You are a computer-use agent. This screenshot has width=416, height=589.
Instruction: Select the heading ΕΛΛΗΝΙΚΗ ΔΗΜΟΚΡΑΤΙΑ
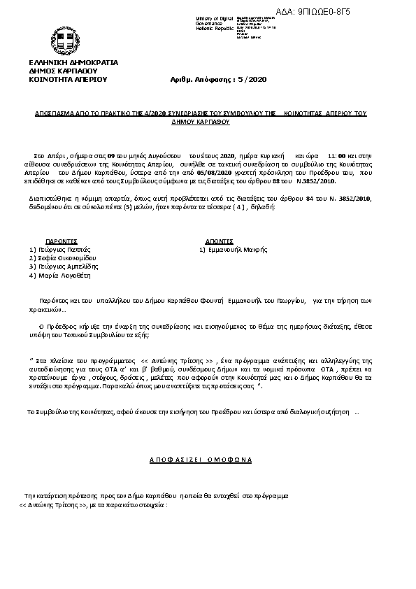tap(73, 62)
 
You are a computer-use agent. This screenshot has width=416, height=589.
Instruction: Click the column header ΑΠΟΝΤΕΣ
tap(219, 240)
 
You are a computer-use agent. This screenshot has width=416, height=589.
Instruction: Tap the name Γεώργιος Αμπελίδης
tap(66, 267)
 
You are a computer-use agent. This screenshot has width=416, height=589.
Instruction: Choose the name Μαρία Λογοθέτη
tap(62, 276)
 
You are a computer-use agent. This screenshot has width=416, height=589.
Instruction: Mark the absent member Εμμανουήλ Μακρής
tap(238, 249)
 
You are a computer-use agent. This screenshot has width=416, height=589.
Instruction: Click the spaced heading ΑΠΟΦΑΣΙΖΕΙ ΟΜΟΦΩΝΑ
tap(201, 459)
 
